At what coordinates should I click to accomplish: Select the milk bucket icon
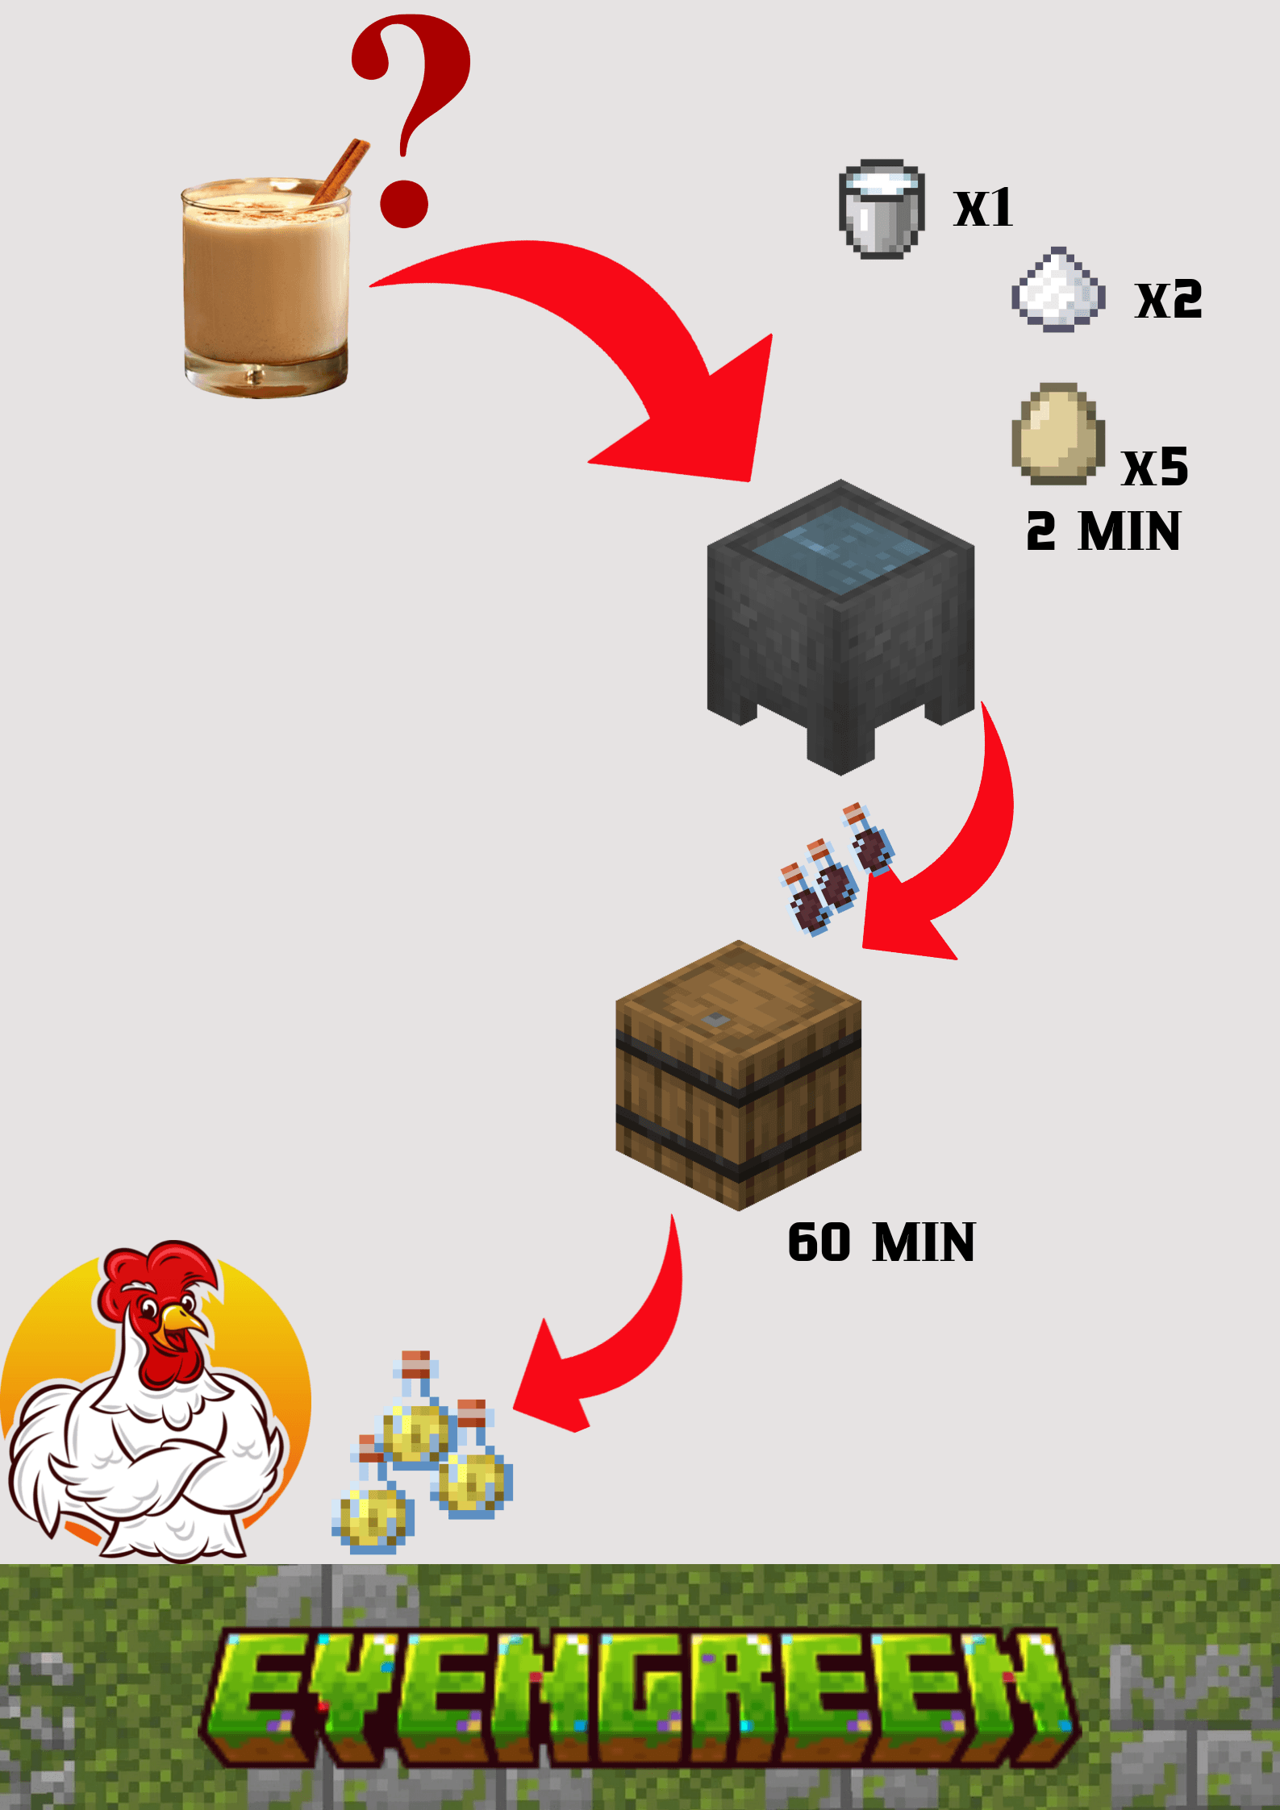coord(881,210)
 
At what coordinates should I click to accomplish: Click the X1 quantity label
coord(983,209)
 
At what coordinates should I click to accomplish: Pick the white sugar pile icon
coord(1057,290)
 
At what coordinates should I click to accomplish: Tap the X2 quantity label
coord(1169,300)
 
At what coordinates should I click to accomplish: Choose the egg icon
coord(1057,434)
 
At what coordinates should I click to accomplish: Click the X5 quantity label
coord(1155,467)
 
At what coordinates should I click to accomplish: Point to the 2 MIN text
coord(1103,532)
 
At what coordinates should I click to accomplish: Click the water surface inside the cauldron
coord(840,548)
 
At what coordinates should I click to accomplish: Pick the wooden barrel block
coord(738,1076)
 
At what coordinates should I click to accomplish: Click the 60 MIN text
coord(881,1242)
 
